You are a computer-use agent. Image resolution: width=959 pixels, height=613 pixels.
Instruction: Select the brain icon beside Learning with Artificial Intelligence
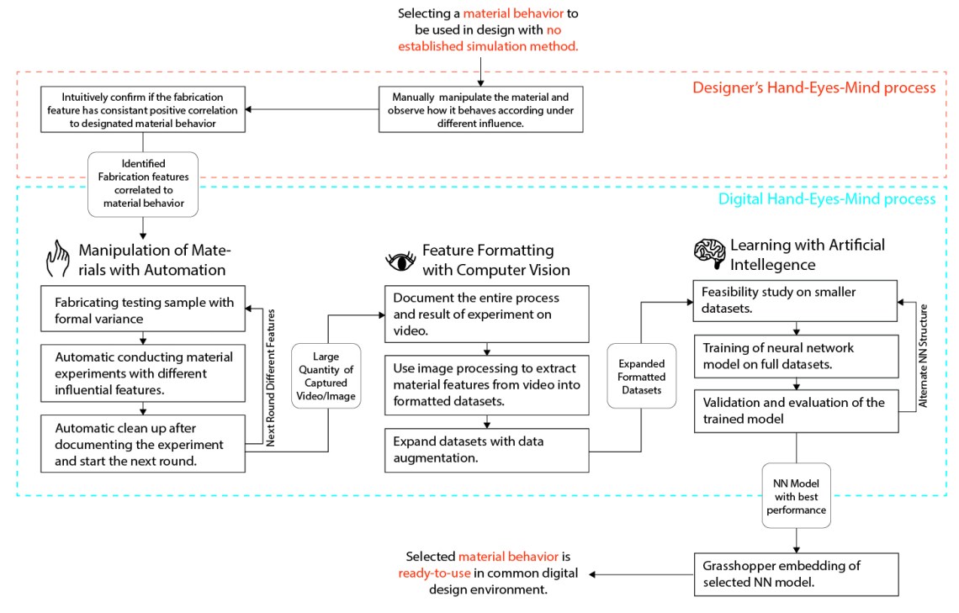point(708,253)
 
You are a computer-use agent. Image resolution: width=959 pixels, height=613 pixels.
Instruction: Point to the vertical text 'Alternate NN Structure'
point(924,355)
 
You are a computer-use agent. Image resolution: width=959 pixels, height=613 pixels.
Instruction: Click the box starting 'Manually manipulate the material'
point(479,108)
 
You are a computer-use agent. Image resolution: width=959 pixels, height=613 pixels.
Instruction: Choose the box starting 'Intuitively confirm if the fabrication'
point(143,108)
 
